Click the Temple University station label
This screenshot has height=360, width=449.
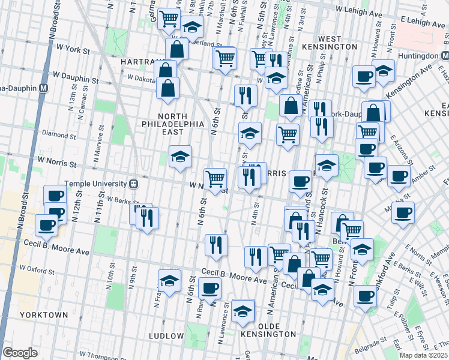(x=96, y=184)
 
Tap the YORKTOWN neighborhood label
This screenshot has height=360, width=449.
(x=43, y=314)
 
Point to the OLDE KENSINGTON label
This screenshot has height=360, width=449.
(x=268, y=334)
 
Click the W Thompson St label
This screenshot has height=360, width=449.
(x=83, y=355)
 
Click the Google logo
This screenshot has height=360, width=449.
(x=20, y=353)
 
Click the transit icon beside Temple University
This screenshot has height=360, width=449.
(x=135, y=184)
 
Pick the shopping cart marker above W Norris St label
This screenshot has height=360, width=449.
(x=215, y=178)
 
